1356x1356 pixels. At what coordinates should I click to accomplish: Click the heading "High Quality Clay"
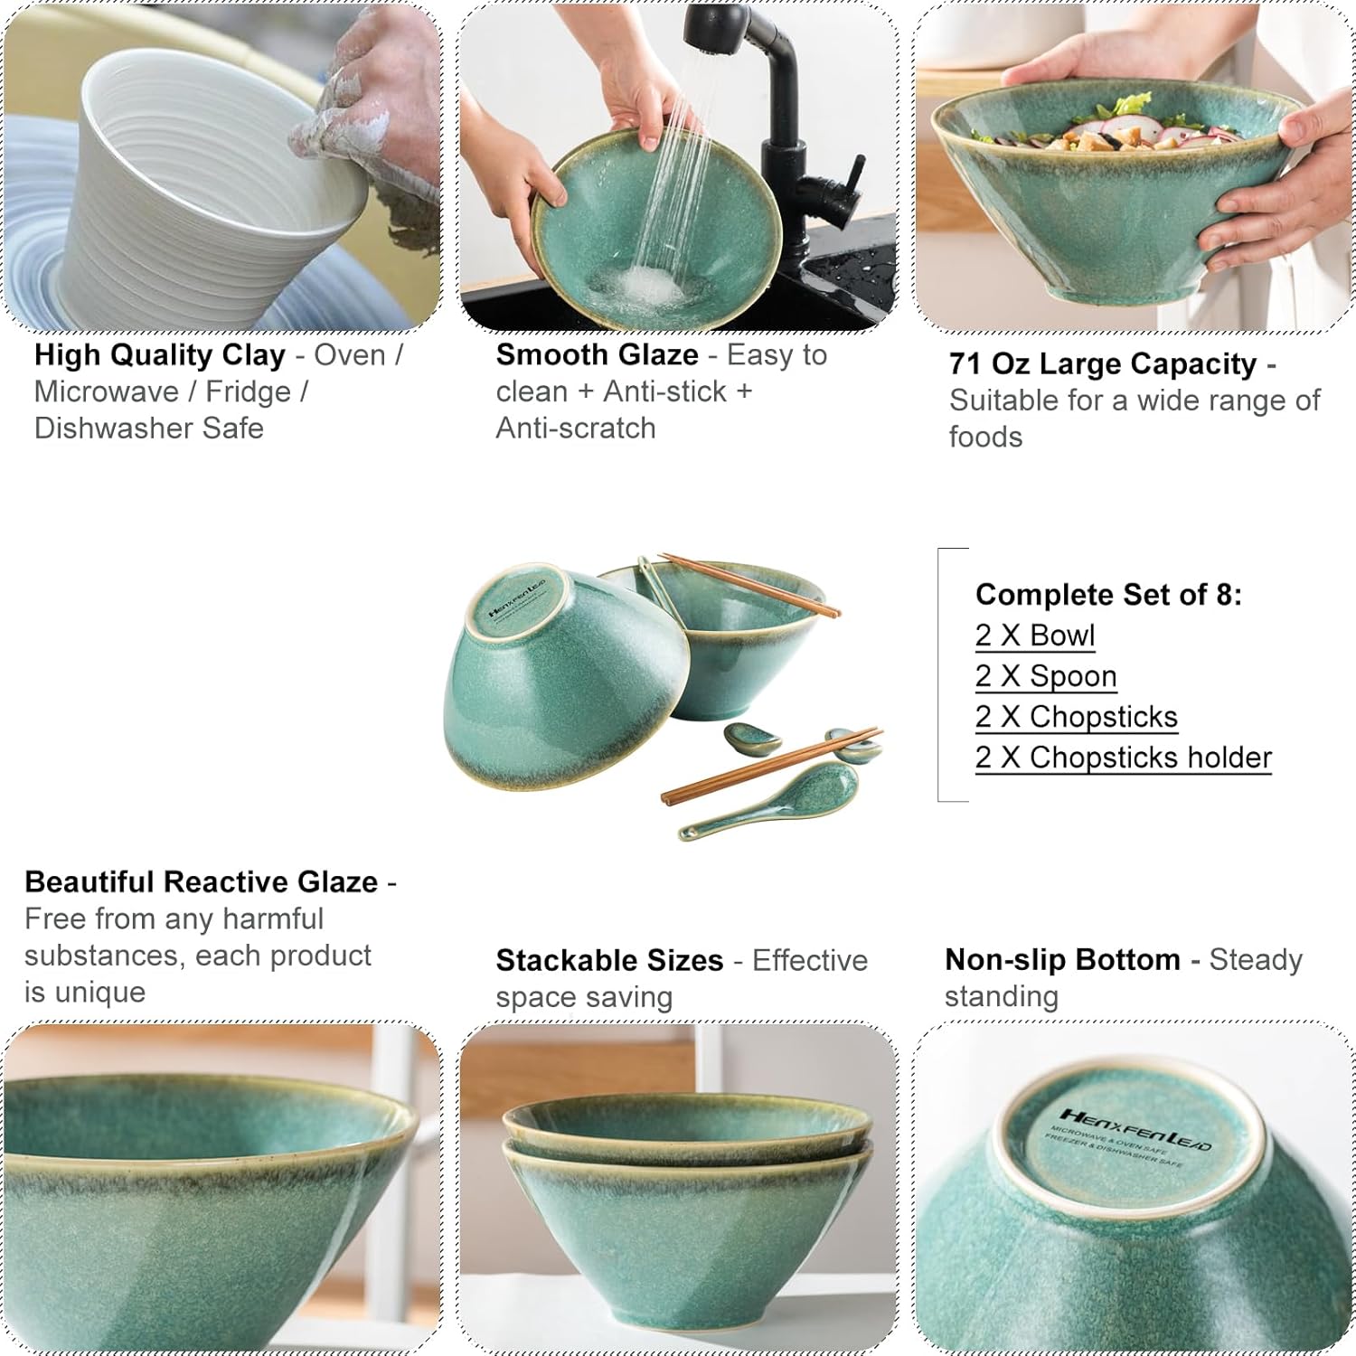coord(159,355)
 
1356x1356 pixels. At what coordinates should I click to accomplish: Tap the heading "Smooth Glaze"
coord(597,355)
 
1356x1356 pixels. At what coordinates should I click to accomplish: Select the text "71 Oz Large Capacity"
coord(1102,364)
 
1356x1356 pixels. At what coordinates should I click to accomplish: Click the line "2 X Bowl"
coord(1035,636)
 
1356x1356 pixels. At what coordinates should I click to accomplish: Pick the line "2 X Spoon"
coord(1046,676)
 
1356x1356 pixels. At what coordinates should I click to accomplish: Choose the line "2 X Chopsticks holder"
coord(1123,758)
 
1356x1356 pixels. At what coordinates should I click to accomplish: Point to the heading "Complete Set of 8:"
coord(1108,595)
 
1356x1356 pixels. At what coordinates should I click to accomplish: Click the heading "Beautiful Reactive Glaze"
coord(201,881)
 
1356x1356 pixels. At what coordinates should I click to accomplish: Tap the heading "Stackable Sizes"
coord(609,960)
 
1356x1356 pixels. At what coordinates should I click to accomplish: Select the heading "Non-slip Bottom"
coord(1062,960)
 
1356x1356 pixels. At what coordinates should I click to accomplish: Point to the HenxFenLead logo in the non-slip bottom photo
coord(1135,1130)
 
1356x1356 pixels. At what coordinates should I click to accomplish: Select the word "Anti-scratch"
coord(575,428)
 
